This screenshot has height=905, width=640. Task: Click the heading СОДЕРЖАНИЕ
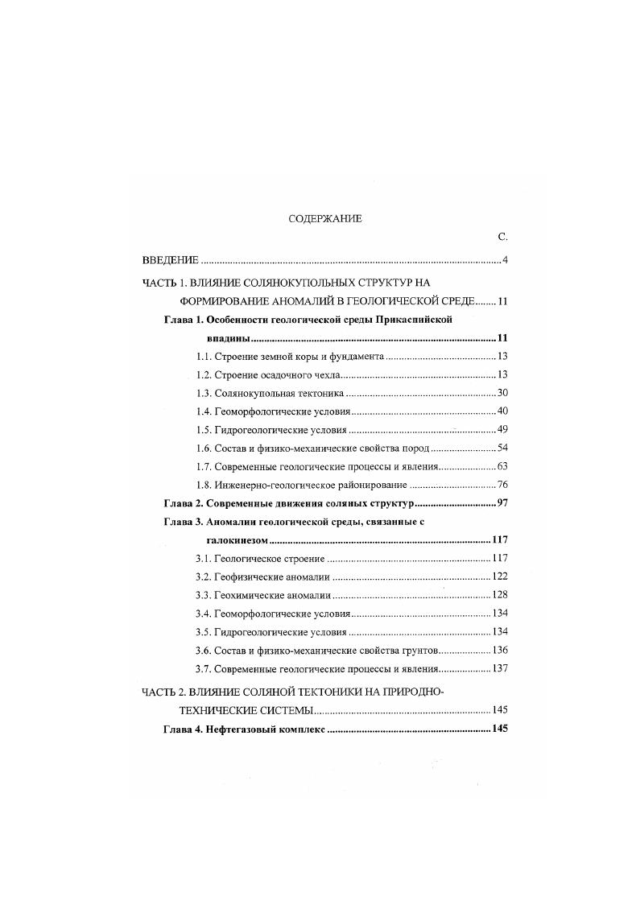coord(325,218)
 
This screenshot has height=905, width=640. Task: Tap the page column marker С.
coord(502,237)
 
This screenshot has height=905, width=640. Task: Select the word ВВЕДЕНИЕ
coord(165,260)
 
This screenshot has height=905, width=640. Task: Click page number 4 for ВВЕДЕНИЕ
coord(504,260)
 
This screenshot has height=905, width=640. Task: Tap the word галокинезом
coord(235,539)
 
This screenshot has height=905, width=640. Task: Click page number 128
coord(500,595)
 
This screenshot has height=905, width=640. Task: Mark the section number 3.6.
coord(204,650)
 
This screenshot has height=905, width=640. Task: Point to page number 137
coord(500,668)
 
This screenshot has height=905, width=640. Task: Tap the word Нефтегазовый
coord(250,729)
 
